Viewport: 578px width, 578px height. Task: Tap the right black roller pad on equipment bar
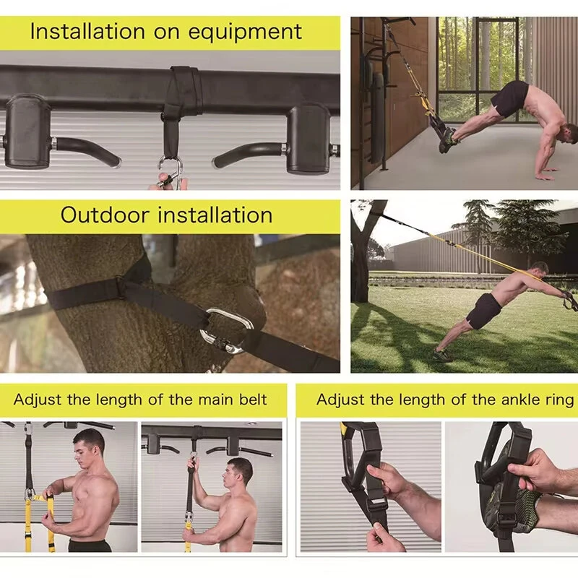(308, 137)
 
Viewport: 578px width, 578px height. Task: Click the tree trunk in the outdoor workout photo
(360, 267)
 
